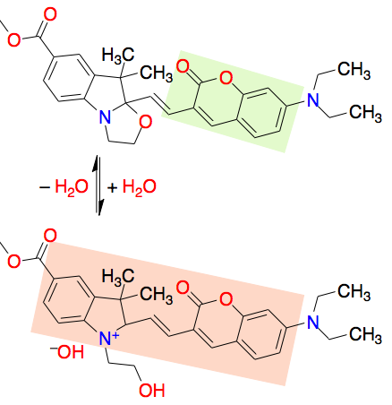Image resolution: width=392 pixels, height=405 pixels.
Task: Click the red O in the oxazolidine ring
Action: click(146, 122)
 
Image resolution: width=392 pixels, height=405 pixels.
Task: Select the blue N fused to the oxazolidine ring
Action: click(105, 117)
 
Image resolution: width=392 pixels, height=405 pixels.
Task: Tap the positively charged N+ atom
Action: click(107, 339)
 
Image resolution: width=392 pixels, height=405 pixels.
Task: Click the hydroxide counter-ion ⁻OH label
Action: click(67, 351)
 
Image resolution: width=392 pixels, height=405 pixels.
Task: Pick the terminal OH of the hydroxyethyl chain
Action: click(152, 390)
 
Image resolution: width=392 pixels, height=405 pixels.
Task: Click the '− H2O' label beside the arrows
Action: click(64, 187)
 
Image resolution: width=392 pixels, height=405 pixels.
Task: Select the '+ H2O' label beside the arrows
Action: click(132, 187)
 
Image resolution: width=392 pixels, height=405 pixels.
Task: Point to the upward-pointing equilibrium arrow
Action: click(96, 185)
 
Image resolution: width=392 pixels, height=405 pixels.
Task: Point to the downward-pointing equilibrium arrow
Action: click(100, 185)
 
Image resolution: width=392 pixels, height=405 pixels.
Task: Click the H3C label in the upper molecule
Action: click(118, 56)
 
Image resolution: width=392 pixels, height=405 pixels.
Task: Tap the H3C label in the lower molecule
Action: click(118, 276)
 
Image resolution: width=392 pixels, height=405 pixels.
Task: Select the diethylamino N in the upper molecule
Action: click(313, 99)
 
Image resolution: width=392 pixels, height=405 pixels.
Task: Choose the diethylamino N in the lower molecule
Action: click(313, 322)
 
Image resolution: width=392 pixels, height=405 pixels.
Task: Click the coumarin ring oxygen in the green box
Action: click(226, 78)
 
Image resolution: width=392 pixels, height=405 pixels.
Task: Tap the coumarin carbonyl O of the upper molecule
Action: click(183, 66)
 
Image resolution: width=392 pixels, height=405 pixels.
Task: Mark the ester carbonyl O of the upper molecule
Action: click(50, 14)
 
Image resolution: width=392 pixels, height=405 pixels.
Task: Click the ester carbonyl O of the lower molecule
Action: click(50, 236)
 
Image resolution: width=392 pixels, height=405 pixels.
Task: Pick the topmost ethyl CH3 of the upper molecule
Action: click(354, 70)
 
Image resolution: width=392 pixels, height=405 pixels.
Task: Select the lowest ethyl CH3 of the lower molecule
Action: click(366, 334)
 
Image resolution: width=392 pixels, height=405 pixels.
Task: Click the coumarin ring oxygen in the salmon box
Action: click(226, 298)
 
